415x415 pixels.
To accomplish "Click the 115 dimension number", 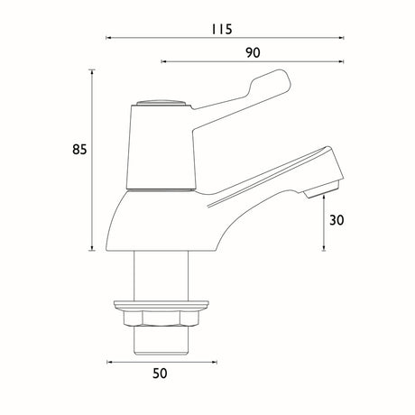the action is click(x=221, y=29).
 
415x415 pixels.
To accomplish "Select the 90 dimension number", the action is click(x=253, y=53).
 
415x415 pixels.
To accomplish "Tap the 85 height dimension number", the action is click(x=79, y=150).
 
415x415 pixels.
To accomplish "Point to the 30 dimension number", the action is click(x=337, y=220).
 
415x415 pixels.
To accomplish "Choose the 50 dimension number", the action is click(x=160, y=373).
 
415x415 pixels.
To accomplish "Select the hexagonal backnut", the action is click(x=161, y=318).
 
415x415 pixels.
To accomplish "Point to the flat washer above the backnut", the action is click(x=161, y=305).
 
